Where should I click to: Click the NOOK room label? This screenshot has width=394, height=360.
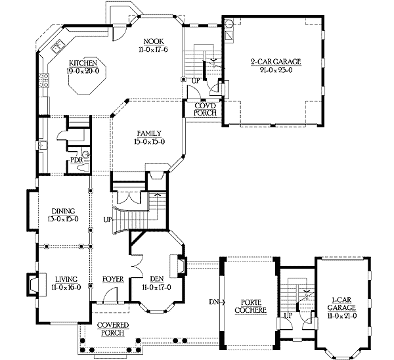tap(150, 41)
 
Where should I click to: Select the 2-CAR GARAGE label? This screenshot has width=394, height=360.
tap(275, 62)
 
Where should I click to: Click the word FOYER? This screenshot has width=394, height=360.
tap(113, 279)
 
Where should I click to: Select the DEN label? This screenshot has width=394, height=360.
tap(156, 279)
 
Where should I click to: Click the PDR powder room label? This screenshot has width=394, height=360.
tap(76, 160)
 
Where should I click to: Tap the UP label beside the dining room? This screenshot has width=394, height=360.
tap(106, 219)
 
